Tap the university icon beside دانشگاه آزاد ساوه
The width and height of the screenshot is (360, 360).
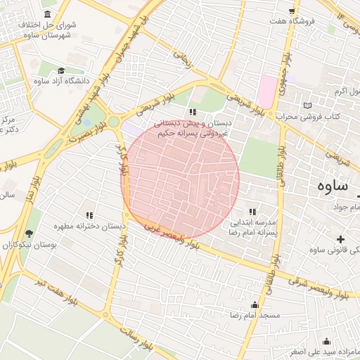coord(61,70)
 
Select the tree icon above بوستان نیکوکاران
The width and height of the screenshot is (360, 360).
coord(29,234)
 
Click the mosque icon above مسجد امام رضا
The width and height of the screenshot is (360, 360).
coord(255,304)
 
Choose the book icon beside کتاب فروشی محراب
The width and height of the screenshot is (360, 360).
coord(307,105)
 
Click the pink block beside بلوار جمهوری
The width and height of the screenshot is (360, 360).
coord(267,91)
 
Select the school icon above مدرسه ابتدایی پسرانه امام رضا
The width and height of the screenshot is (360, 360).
coord(252,212)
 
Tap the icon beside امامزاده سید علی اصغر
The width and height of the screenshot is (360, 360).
coord(326,341)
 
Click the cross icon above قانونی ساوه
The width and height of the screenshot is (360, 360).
coord(341,240)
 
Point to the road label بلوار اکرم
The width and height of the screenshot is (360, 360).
coord(348,92)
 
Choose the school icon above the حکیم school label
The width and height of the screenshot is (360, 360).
coord(193,112)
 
